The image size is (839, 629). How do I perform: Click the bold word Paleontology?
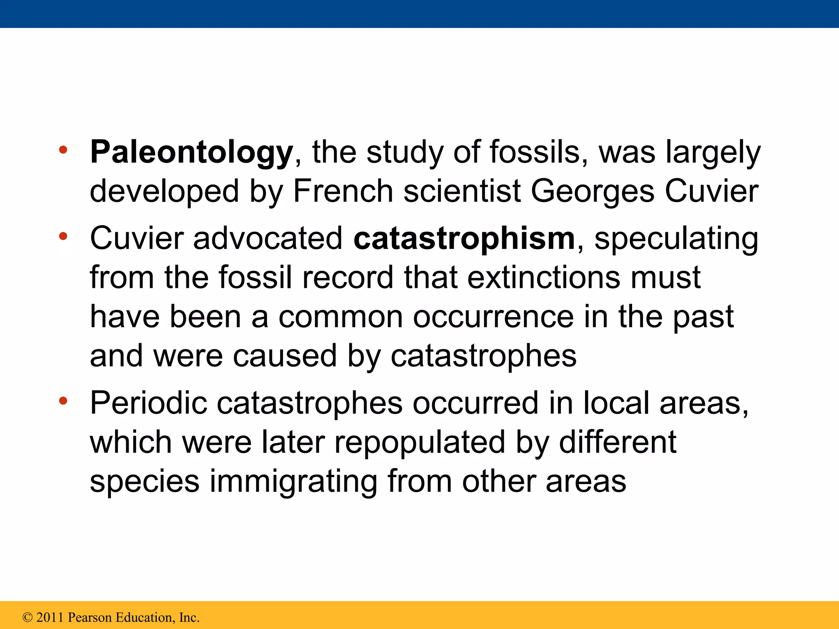pyautogui.click(x=191, y=153)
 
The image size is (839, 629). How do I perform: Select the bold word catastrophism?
pyautogui.click(x=464, y=239)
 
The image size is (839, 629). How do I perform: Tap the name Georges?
pyautogui.click(x=592, y=191)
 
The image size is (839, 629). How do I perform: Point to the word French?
pyautogui.click(x=343, y=191)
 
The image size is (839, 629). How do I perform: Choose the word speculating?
pyautogui.click(x=676, y=239)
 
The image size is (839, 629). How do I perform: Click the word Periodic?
pyautogui.click(x=148, y=403)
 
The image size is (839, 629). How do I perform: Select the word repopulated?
pyautogui.click(x=420, y=443)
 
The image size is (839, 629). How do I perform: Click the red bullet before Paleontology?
pyautogui.click(x=63, y=150)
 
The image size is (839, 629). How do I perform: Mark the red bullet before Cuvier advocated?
pyautogui.click(x=63, y=236)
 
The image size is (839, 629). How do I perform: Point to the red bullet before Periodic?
pyautogui.click(x=63, y=401)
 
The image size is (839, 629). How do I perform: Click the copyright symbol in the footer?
pyautogui.click(x=27, y=617)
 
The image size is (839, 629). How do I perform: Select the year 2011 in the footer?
pyautogui.click(x=50, y=617)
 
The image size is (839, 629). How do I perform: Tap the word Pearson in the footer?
pyautogui.click(x=89, y=617)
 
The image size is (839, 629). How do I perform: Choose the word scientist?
pyautogui.click(x=462, y=191)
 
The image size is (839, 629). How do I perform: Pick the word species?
pyautogui.click(x=145, y=482)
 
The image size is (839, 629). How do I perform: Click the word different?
pyautogui.click(x=617, y=443)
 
